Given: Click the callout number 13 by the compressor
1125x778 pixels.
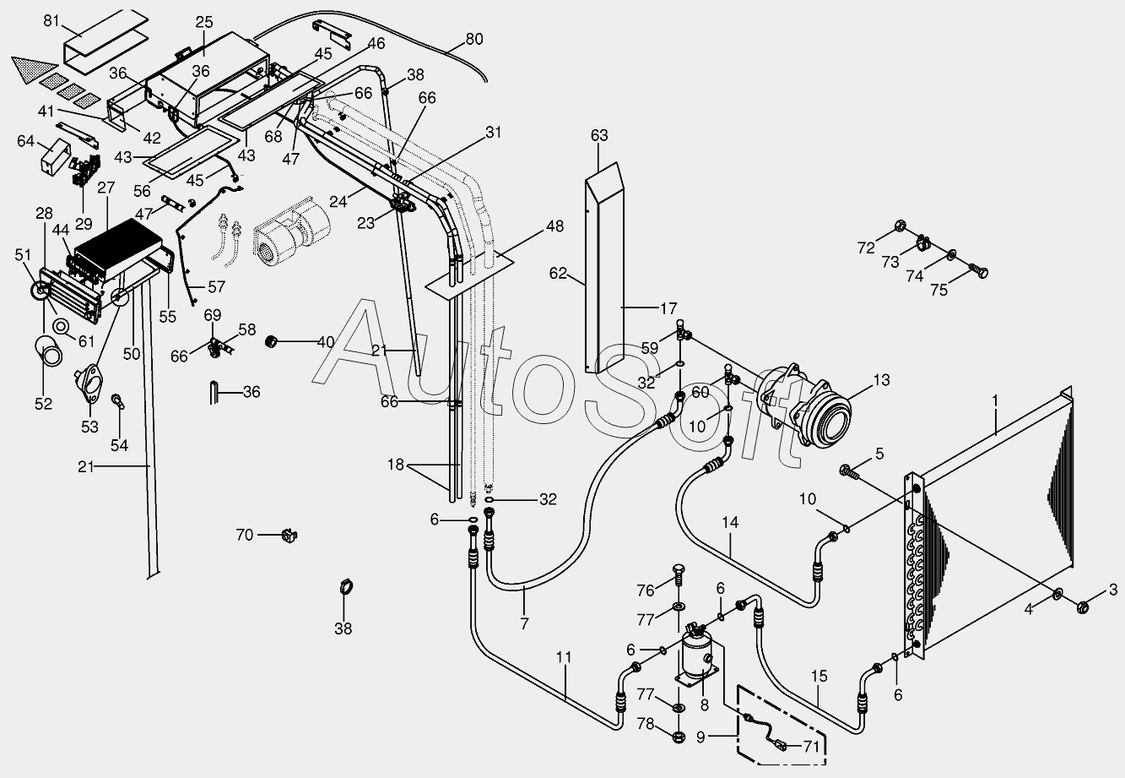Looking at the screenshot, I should click(x=881, y=380).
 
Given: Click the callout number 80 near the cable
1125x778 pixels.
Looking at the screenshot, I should click(x=475, y=39).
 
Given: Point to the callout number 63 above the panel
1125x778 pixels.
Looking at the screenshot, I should click(x=600, y=135).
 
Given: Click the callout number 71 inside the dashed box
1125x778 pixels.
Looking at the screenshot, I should click(x=811, y=746).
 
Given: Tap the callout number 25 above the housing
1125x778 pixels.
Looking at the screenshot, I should click(x=204, y=22).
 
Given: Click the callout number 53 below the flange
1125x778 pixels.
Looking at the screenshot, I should click(x=89, y=426).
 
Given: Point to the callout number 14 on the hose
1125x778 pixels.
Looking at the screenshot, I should click(x=730, y=523).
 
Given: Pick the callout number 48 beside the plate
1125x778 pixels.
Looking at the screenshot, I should click(x=554, y=226).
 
